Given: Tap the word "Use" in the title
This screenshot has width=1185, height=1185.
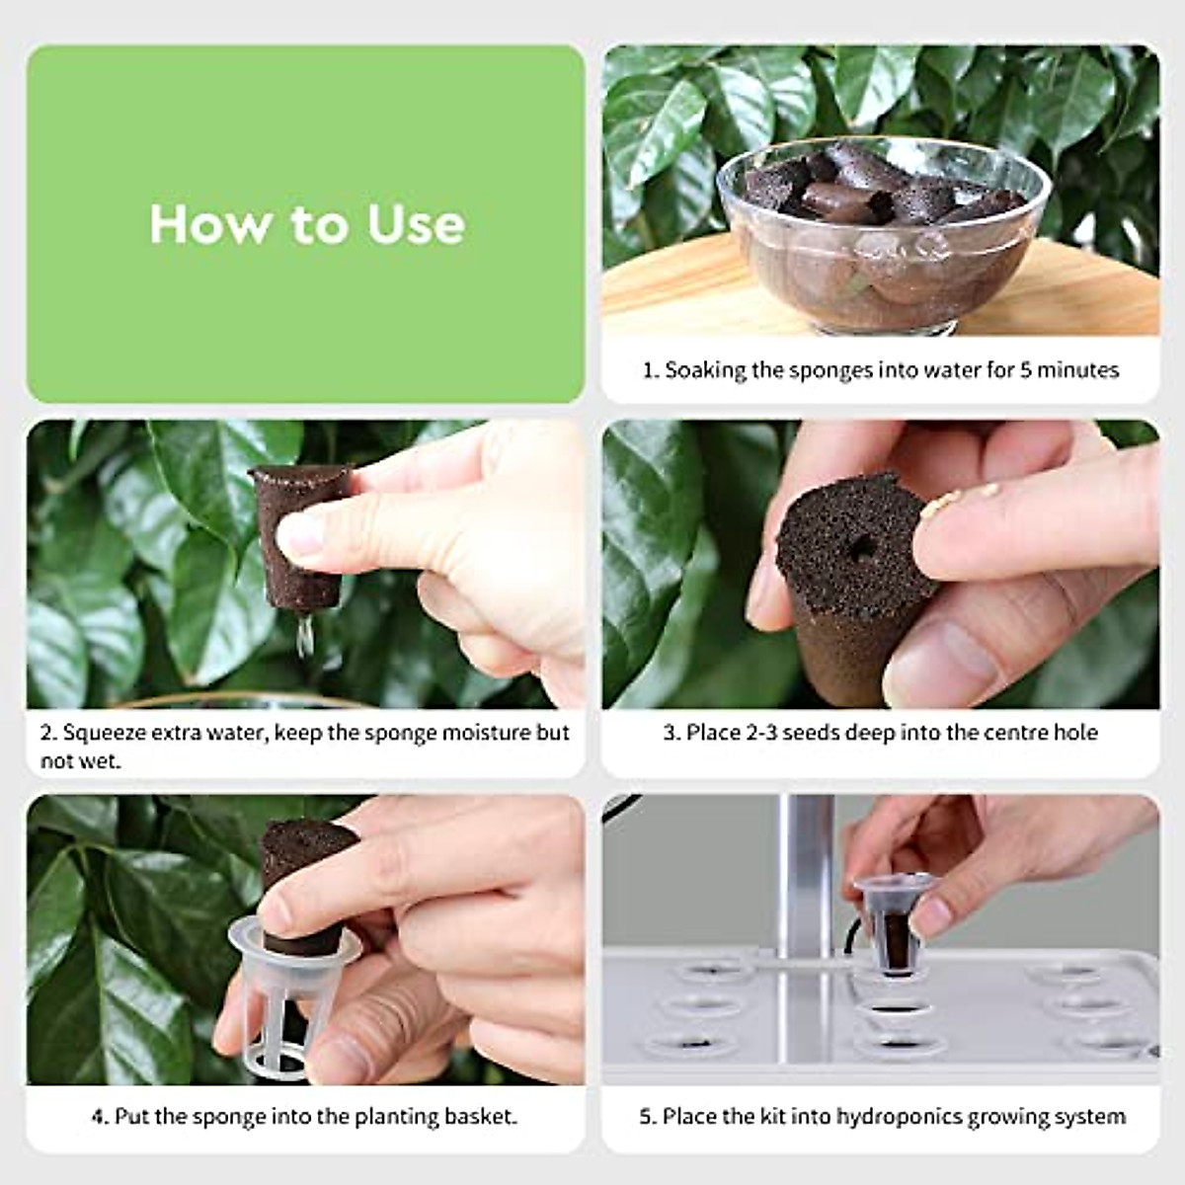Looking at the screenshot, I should click(416, 225).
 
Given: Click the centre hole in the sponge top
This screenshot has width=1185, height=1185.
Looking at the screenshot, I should click(863, 547).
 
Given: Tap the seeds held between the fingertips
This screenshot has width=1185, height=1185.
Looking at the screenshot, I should click(939, 504).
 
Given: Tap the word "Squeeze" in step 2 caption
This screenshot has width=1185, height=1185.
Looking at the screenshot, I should click(100, 733).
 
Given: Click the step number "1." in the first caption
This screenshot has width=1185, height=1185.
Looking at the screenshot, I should click(651, 370).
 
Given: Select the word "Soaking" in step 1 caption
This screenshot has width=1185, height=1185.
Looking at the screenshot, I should click(705, 370).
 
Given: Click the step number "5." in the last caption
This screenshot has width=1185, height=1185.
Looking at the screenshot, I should click(648, 1117).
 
